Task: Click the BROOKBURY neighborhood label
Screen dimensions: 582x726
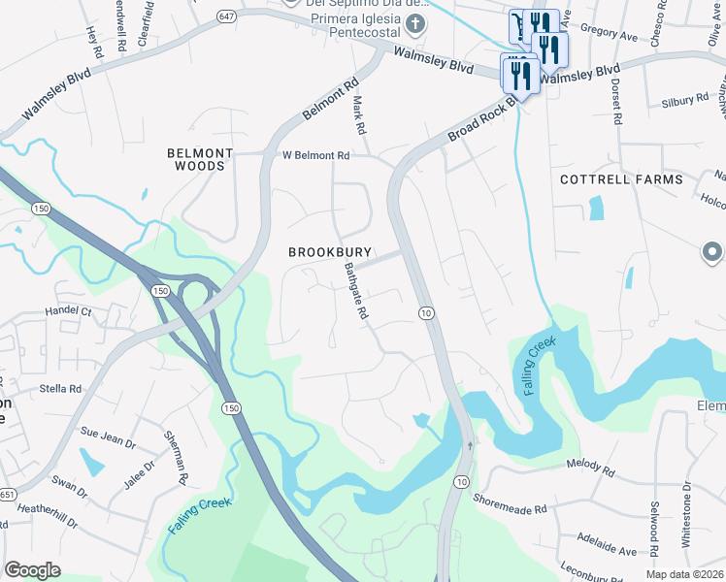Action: (x=330, y=252)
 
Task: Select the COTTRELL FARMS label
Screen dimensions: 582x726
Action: (x=621, y=179)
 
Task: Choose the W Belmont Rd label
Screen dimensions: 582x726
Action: (x=315, y=155)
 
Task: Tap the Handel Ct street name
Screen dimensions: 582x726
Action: (x=68, y=312)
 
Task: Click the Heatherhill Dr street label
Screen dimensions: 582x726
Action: (x=47, y=515)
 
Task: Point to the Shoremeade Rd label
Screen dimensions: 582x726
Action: (x=511, y=502)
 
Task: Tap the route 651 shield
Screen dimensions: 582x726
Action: (x=6, y=494)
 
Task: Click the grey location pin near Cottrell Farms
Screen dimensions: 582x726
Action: (x=711, y=253)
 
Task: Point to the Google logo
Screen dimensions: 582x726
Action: (x=33, y=569)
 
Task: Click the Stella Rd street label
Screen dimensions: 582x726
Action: (x=62, y=388)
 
